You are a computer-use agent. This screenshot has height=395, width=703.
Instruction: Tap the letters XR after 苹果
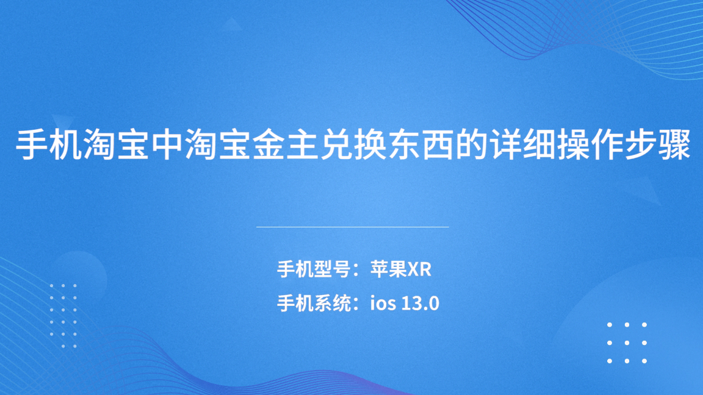(x=419, y=269)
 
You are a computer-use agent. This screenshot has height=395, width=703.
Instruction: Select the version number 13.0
(x=420, y=303)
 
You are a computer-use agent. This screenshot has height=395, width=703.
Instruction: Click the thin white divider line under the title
(x=352, y=227)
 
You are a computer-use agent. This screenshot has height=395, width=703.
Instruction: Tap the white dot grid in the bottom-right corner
(x=627, y=343)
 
